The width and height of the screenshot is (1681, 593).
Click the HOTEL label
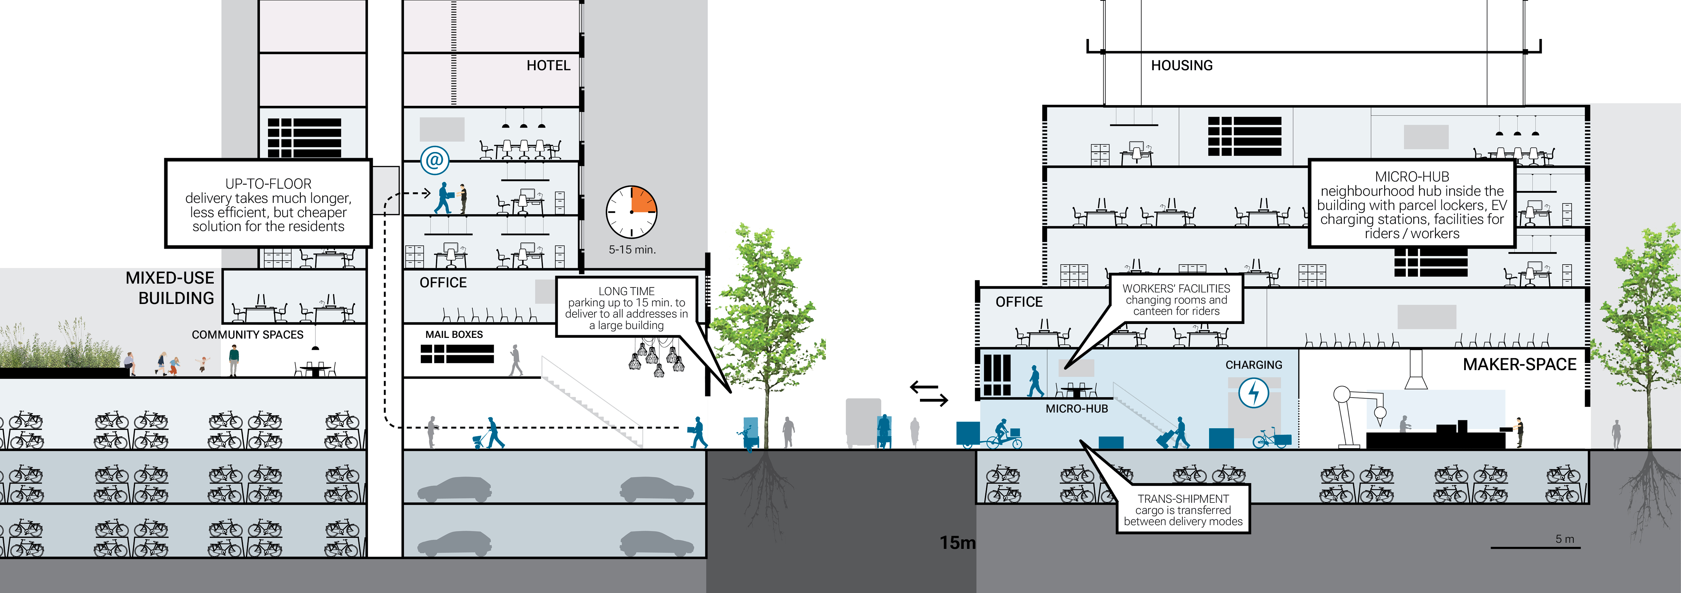coord(548,65)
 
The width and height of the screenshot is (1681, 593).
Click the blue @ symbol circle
coord(435,159)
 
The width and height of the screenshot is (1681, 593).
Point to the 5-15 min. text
coord(632,249)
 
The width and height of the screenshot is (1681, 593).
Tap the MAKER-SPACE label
coord(1519,364)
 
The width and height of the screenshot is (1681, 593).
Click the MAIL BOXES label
coord(454,334)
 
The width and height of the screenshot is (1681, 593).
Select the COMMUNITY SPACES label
coord(247,334)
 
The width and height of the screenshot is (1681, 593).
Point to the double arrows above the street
coord(928,394)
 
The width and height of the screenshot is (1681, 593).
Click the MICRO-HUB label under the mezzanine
coord(1077,409)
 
